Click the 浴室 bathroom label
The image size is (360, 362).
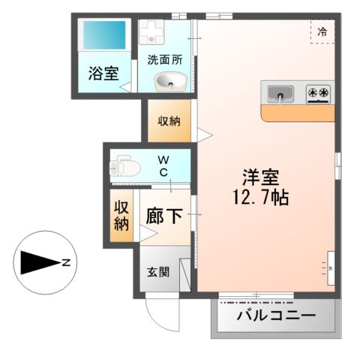103,73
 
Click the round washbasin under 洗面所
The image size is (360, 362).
166,81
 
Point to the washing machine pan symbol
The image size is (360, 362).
153,31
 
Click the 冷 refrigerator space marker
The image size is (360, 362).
322,31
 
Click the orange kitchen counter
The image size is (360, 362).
298,113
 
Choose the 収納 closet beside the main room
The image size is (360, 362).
168,121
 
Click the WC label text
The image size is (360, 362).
162,166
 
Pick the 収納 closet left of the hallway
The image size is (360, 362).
121,215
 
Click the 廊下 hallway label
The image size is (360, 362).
164,217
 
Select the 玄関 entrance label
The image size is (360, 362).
158,272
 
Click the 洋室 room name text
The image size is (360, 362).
261,179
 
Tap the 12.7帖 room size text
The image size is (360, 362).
261,199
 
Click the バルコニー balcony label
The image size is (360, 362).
276,315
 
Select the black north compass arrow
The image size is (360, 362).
39,263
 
